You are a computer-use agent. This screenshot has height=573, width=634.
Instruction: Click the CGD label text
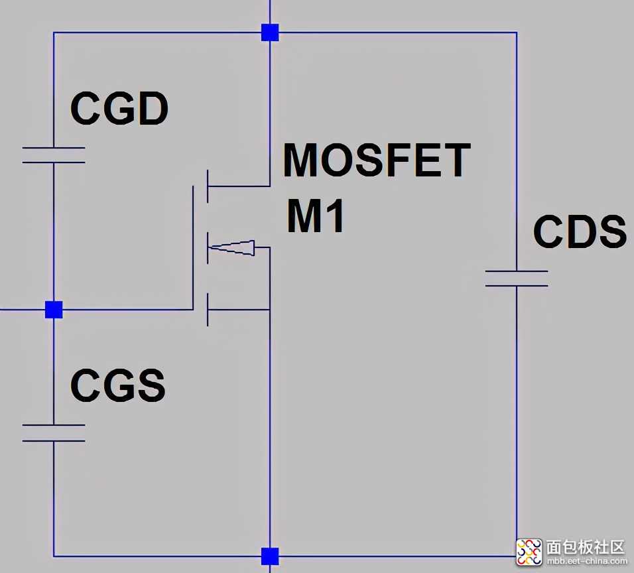(119, 109)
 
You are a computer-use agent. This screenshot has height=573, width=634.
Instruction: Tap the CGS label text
(117, 386)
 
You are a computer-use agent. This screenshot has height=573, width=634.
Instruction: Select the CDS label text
(580, 231)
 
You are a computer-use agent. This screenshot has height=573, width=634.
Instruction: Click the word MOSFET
(376, 160)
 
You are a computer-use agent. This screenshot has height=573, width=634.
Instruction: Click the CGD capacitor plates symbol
(54, 155)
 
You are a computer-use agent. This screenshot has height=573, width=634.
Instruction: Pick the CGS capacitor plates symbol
(54, 432)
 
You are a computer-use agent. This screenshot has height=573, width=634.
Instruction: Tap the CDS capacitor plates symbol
(517, 279)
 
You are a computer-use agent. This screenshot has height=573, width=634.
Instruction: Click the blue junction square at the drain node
(270, 32)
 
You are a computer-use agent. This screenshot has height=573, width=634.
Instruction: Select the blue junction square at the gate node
(54, 310)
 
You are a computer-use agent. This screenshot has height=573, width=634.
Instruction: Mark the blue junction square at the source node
(270, 556)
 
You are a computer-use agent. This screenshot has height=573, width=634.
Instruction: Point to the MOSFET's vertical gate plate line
(194, 247)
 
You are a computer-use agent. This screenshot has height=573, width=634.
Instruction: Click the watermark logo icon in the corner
(529, 549)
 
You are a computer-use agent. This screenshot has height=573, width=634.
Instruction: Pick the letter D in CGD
(153, 109)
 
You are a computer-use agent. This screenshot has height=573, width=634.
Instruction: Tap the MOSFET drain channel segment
(208, 186)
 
